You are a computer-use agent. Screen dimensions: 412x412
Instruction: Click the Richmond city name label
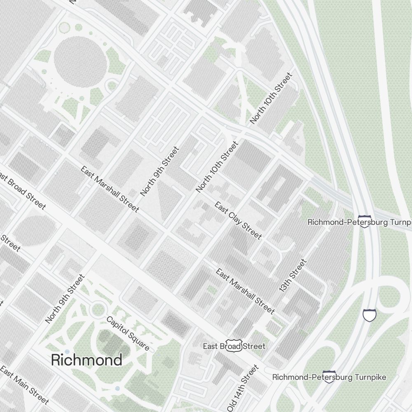[87, 360]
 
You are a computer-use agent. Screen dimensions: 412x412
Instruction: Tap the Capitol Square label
[128, 333]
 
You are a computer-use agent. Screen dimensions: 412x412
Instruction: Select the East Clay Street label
[238, 220]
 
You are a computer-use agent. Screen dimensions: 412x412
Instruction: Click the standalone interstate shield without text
[370, 316]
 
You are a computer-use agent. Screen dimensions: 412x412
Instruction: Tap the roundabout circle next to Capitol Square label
[98, 309]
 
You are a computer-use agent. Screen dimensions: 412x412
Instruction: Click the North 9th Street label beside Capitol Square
[65, 299]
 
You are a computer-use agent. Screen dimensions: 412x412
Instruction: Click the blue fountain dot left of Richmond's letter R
[67, 352]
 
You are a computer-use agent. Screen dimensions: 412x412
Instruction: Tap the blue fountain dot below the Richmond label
[118, 388]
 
